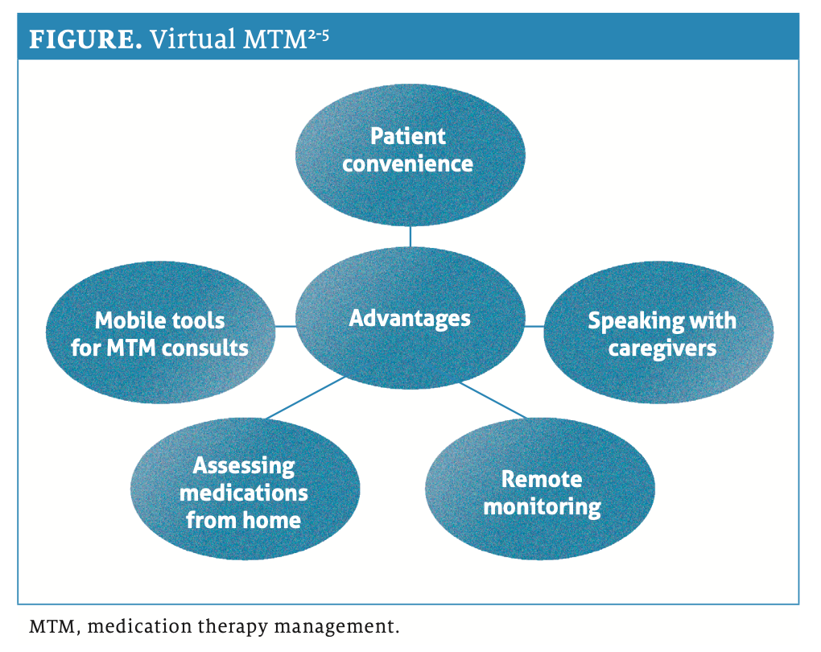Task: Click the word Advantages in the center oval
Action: point(410,318)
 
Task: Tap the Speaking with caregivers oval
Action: point(659,335)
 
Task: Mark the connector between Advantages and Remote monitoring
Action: point(493,400)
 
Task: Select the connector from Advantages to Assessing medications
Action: point(306,398)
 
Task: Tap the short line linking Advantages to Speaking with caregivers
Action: point(534,326)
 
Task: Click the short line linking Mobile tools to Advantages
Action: point(286,326)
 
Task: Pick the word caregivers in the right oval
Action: point(662,349)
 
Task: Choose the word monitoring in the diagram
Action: point(542,507)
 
